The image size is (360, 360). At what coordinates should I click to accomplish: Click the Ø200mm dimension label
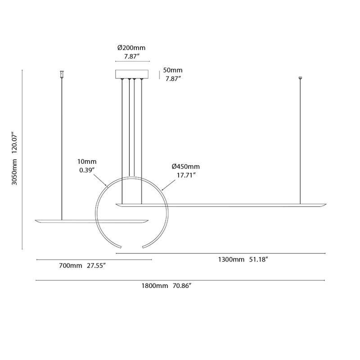coord(131,48)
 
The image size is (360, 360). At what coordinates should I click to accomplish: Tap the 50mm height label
coord(173,70)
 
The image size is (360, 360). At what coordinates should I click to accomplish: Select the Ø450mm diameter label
coord(185,167)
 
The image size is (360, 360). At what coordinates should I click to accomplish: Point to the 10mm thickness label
coord(87,161)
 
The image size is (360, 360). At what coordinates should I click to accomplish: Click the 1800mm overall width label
coord(154,286)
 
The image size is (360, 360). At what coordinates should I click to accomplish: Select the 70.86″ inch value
coord(185,286)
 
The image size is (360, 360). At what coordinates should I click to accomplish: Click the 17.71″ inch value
coord(184,175)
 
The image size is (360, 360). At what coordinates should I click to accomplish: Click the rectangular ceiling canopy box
coord(132,74)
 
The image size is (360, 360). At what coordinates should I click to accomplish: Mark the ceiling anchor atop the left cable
coord(62,74)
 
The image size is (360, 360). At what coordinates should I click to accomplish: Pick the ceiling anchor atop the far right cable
coord(300,79)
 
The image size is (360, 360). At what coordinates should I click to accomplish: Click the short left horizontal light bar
coord(92,220)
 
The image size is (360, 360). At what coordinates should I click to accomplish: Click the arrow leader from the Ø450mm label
coord(168,184)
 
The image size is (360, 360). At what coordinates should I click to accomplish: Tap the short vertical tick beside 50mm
coord(159,74)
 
